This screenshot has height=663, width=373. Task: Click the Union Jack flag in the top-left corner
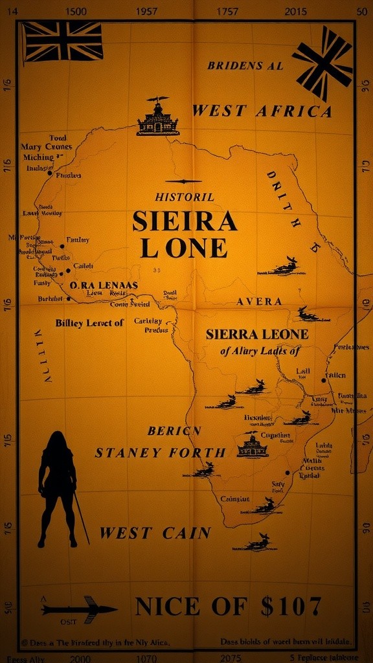pyautogui.click(x=63, y=41)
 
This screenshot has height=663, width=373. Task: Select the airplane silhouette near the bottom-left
pyautogui.click(x=79, y=609)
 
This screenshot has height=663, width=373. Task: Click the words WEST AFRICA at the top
pyautogui.click(x=262, y=111)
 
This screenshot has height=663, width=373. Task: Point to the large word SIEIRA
pyautogui.click(x=185, y=221)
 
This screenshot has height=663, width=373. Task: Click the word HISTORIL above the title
pyautogui.click(x=185, y=197)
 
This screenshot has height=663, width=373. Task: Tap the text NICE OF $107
pyautogui.click(x=228, y=607)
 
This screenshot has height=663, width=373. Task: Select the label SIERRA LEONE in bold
pyautogui.click(x=257, y=335)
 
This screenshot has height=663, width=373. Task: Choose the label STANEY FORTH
pyautogui.click(x=160, y=453)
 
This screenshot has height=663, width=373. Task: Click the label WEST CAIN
pyautogui.click(x=155, y=534)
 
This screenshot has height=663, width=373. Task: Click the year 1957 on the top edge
pyautogui.click(x=147, y=12)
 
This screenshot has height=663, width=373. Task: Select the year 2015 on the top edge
pyautogui.click(x=295, y=12)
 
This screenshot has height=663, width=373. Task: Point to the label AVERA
pyautogui.click(x=259, y=302)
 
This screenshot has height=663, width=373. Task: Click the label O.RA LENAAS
pyautogui.click(x=104, y=285)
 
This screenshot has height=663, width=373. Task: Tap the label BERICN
pyautogui.click(x=174, y=431)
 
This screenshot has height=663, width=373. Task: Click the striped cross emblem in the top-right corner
pyautogui.click(x=323, y=62)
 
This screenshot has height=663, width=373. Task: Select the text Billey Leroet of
pyautogui.click(x=89, y=323)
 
